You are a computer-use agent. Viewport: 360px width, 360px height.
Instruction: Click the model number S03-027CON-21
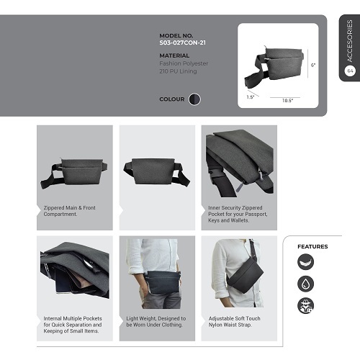pos(182,42)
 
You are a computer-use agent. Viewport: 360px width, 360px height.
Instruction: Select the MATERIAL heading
pos(174,55)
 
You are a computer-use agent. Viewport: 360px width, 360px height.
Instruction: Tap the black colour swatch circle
pos(194,99)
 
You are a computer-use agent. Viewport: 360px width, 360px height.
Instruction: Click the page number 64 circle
pos(350,71)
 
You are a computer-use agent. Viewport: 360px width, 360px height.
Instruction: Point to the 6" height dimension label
pos(313,65)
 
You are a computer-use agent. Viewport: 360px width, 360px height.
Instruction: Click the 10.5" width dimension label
pos(287,101)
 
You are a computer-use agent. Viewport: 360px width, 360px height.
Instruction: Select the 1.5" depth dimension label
pos(251,97)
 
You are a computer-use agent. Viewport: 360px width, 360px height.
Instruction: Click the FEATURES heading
pos(312,247)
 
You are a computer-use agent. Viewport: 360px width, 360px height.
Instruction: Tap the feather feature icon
pos(305,262)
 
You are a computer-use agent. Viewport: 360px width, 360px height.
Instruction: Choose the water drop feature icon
pos(305,284)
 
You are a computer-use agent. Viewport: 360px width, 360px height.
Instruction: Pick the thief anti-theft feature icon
pos(305,305)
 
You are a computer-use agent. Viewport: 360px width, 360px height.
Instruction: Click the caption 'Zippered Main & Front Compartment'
pos(69,211)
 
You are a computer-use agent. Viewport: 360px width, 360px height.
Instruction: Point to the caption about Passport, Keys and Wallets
pos(238,214)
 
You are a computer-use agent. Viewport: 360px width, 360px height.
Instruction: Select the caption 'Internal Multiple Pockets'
pos(73,325)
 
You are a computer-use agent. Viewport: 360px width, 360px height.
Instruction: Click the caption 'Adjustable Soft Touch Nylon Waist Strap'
pos(234,322)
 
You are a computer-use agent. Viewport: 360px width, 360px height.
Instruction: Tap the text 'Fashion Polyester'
pos(184,63)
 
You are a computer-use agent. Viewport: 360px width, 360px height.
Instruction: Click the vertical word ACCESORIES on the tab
pos(350,41)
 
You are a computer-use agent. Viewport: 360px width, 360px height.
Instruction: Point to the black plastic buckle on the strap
pos(215,174)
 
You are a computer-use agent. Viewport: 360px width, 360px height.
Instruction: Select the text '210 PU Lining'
pos(178,71)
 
